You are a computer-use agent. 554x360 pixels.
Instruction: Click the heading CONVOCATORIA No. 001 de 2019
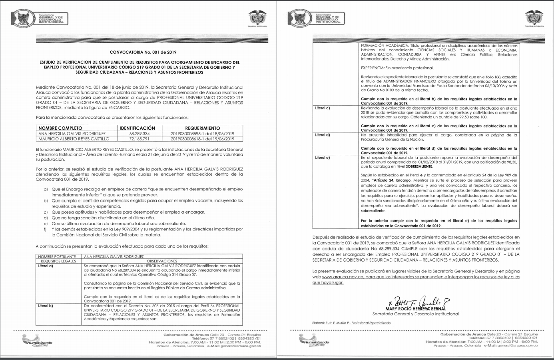tap(143, 52)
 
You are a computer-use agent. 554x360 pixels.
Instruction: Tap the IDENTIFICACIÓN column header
tap(137, 128)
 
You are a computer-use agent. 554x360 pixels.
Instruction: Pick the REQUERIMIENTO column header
tap(202, 128)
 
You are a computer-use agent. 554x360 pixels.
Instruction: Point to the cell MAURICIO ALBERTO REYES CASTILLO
tap(74, 139)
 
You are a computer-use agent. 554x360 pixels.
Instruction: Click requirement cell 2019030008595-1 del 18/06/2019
tap(202, 134)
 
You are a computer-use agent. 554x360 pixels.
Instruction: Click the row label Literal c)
tap(323, 108)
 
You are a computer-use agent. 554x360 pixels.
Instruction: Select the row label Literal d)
tap(323, 135)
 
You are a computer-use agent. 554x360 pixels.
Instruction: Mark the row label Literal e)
tap(323, 158)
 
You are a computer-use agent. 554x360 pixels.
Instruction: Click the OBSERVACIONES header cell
tap(162, 261)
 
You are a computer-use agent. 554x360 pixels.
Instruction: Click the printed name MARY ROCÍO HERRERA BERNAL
tap(415, 309)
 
